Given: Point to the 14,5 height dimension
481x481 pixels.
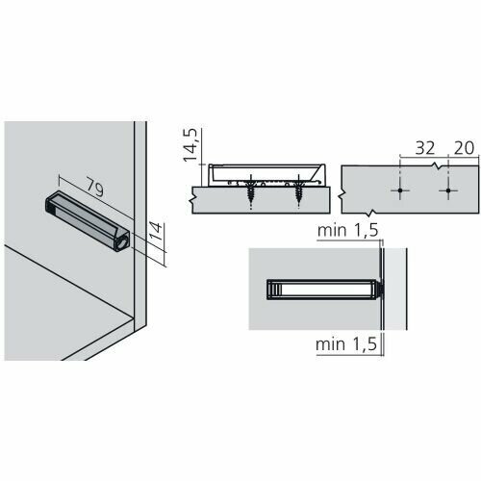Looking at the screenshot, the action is (x=190, y=145).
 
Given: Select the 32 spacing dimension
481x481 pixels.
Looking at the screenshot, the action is (x=425, y=148).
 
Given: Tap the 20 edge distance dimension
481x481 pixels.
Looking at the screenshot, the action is (x=464, y=148).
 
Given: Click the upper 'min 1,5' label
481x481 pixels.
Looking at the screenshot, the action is (x=348, y=231).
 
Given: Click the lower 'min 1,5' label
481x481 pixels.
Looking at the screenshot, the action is (x=346, y=344).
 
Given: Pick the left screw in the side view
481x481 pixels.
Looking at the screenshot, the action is (x=251, y=191).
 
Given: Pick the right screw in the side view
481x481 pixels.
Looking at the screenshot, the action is (x=299, y=191).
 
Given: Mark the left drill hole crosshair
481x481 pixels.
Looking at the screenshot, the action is (x=400, y=190).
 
